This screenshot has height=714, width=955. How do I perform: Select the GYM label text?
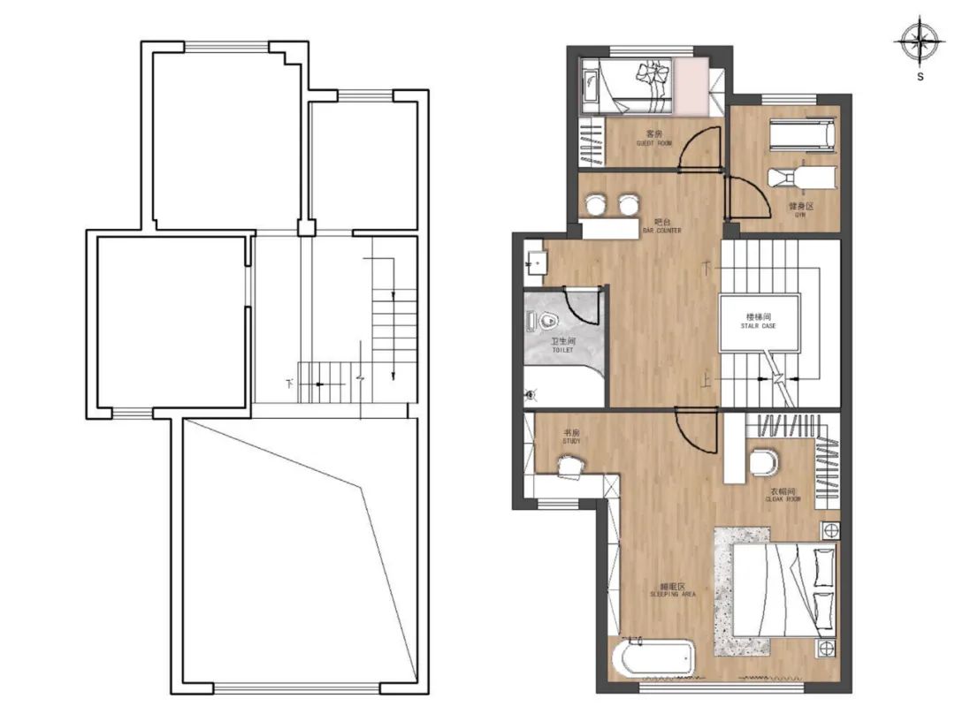800,209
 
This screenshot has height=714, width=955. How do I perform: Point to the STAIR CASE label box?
760,320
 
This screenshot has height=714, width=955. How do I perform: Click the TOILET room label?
563,346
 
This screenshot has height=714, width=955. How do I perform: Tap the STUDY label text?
570,437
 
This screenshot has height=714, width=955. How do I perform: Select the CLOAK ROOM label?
782,496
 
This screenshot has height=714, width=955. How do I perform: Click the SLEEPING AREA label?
672,590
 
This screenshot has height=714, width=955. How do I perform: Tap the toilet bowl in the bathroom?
548,321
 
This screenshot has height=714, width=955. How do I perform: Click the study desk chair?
569,466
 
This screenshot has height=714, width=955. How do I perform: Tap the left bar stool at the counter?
595,204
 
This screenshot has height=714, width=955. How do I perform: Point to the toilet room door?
584,306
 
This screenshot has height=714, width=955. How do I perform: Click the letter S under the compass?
920,77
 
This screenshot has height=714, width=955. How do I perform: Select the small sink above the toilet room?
534,260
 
